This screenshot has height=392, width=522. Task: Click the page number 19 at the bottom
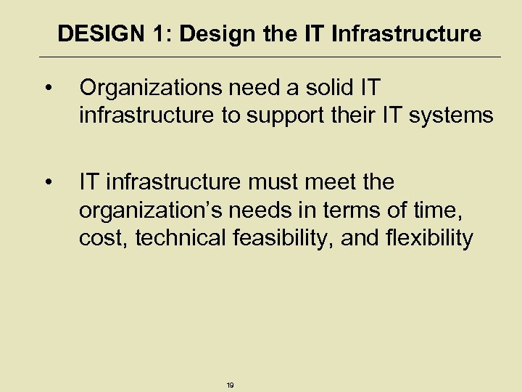pyautogui.click(x=230, y=385)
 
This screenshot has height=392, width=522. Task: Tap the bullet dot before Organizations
pyautogui.click(x=48, y=89)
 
